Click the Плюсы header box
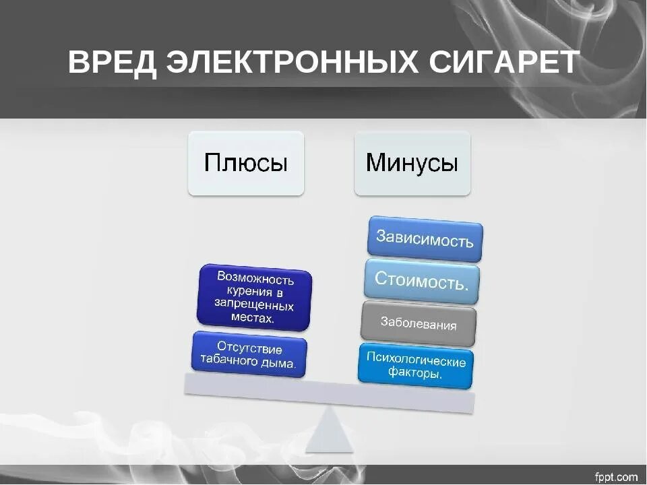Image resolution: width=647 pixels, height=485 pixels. [246, 164]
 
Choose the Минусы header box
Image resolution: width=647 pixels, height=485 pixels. [412, 164]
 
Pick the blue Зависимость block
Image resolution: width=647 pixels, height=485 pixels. [425, 238]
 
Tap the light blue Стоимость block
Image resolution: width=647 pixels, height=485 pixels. [422, 278]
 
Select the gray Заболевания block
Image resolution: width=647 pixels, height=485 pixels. [418, 323]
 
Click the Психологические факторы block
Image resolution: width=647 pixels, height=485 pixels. [415, 367]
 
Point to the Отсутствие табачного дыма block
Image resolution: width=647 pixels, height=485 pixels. [249, 355]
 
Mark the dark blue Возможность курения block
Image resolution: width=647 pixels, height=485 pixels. [255, 298]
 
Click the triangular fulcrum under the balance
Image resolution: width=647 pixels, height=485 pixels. [330, 431]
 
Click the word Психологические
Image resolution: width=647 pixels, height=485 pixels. [416, 360]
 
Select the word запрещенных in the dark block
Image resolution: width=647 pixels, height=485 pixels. [254, 305]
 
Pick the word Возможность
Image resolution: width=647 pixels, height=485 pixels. [256, 279]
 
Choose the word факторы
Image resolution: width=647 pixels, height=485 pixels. [415, 375]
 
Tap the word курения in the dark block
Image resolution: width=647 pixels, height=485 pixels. [246, 292]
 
